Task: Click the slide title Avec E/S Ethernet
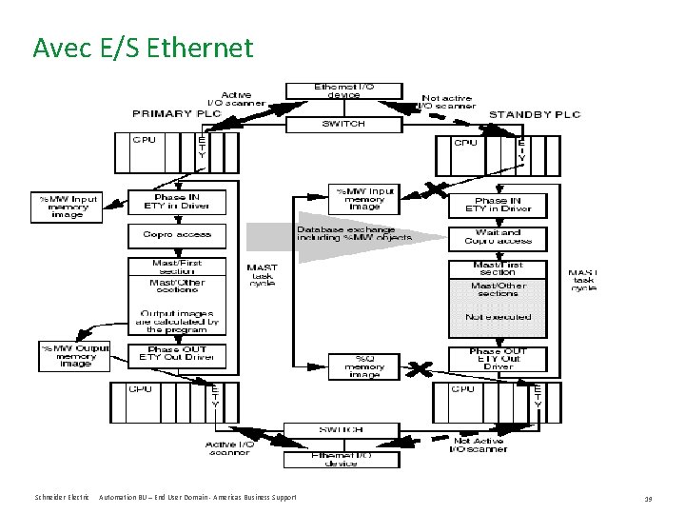143,47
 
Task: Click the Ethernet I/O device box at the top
343,90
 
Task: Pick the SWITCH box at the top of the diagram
343,124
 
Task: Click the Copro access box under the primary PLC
177,234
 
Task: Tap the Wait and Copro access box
499,236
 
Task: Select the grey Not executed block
499,317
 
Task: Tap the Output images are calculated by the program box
177,321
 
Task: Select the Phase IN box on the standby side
499,205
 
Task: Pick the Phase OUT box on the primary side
177,355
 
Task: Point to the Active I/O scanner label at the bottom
229,447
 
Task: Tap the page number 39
648,498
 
